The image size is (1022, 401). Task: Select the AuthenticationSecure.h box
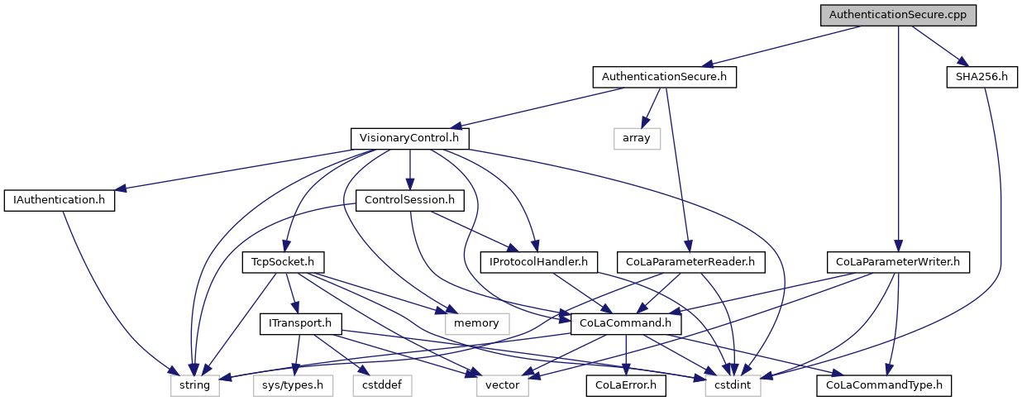664,77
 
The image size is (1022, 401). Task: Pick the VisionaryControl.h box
409,138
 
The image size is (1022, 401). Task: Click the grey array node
637,138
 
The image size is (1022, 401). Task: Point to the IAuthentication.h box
60,200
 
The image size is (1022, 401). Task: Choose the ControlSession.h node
409,200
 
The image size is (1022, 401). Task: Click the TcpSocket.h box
283,262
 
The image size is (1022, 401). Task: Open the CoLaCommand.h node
620,323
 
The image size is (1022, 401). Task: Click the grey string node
195,384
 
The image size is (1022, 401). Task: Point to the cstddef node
380,384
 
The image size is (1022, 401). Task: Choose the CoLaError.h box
626,384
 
